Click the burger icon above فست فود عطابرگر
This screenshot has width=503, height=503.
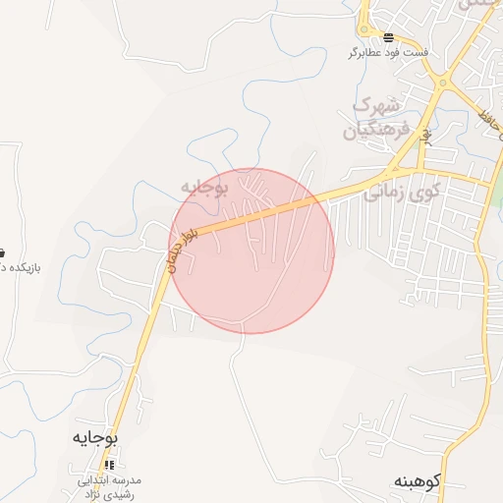pyautogui.click(x=388, y=37)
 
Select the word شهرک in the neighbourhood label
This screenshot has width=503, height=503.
pyautogui.click(x=377, y=105)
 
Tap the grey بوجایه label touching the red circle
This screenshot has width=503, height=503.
pyautogui.click(x=205, y=187)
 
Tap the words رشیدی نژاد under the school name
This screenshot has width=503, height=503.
pyautogui.click(x=110, y=493)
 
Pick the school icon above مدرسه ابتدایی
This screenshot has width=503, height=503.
pyautogui.click(x=111, y=464)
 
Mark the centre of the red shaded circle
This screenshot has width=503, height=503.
pyautogui.click(x=252, y=251)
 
